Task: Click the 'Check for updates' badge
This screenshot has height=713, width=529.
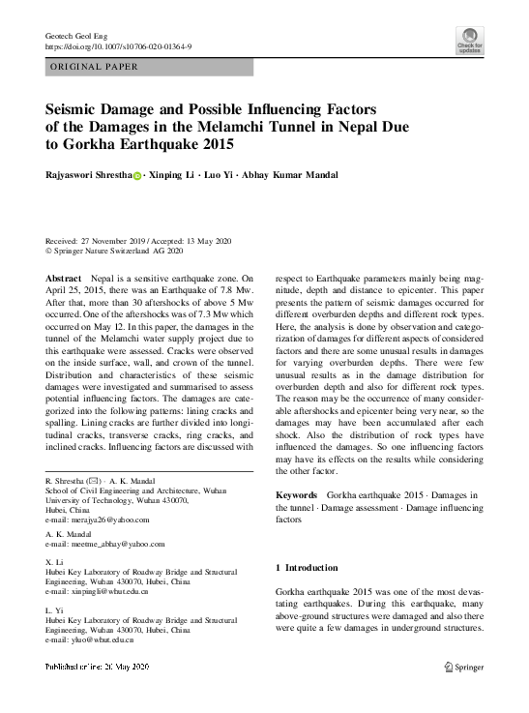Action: click(x=470, y=40)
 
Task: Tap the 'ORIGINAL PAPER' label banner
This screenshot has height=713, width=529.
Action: click(x=95, y=67)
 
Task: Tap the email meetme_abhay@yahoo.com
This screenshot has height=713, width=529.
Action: click(x=107, y=545)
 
